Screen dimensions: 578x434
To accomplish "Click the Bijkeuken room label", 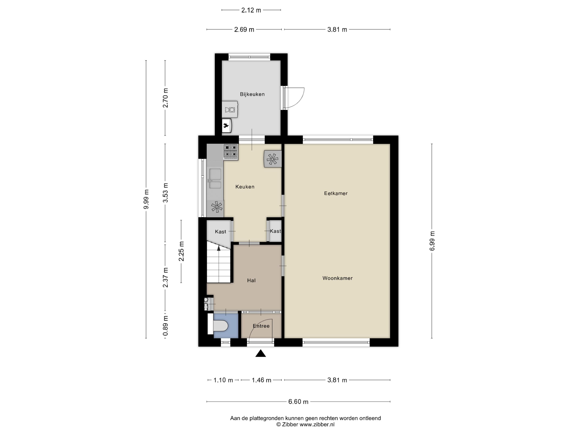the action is (x=252, y=94).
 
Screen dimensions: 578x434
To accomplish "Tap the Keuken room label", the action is (x=245, y=187).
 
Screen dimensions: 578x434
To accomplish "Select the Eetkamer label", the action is (x=336, y=193).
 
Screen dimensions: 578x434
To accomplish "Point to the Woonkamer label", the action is (x=338, y=278).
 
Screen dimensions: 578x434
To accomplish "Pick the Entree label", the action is (x=261, y=326).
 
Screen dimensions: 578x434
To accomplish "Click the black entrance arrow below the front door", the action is (x=261, y=353).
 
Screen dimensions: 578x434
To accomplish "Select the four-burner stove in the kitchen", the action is (x=231, y=151).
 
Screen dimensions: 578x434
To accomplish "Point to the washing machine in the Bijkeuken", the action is (x=230, y=110).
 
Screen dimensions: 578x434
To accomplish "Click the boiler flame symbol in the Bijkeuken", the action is (x=226, y=126).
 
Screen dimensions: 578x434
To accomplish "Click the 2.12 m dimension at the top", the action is (x=251, y=10).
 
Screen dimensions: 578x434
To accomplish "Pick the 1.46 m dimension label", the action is (x=261, y=380).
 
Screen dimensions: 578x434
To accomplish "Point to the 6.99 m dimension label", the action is (x=432, y=241).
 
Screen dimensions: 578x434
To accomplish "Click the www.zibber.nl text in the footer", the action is (x=317, y=424).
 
